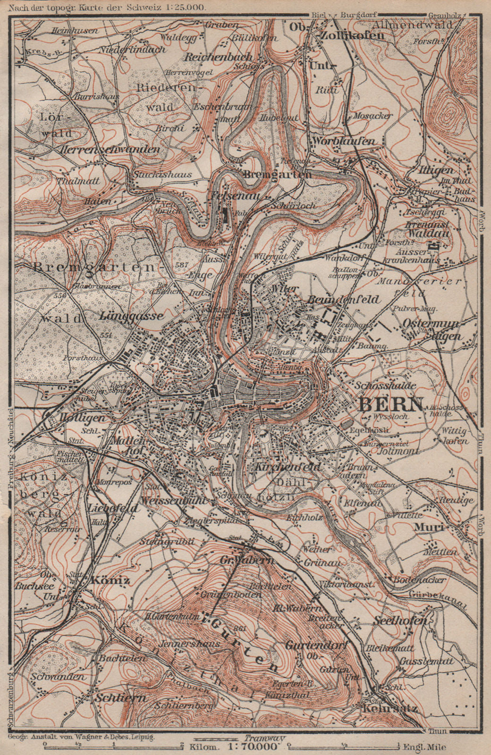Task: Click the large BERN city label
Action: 391,404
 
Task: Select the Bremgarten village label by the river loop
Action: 278,175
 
